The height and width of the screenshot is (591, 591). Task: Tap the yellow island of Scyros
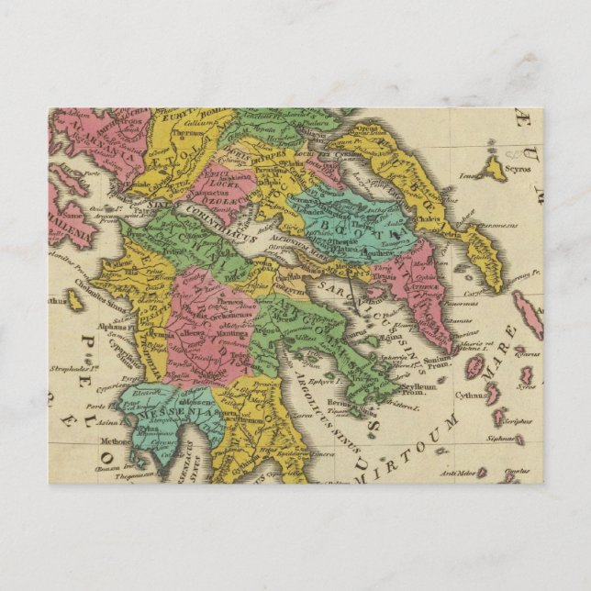[x=494, y=167]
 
